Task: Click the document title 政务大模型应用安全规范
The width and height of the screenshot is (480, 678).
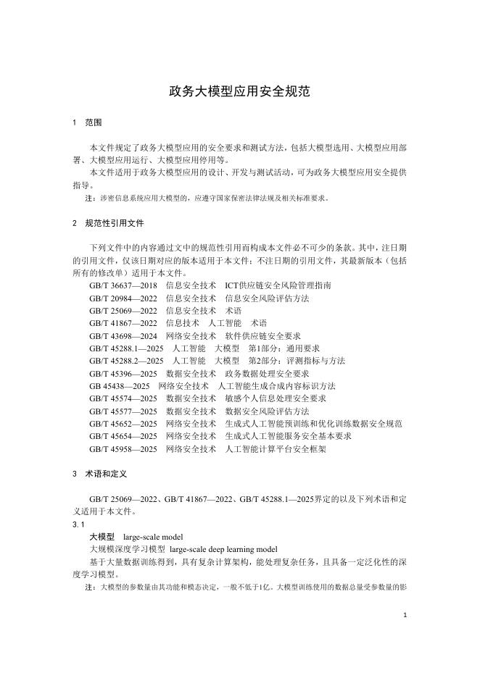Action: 239,92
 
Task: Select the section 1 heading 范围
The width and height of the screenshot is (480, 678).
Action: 94,122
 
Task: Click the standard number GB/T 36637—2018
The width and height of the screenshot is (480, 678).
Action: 123,285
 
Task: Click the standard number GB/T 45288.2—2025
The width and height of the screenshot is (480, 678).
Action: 127,360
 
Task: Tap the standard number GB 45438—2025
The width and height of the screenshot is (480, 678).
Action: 118,385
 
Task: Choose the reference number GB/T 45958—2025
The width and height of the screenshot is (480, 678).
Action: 123,448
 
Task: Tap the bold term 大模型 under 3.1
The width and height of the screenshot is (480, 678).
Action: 102,537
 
